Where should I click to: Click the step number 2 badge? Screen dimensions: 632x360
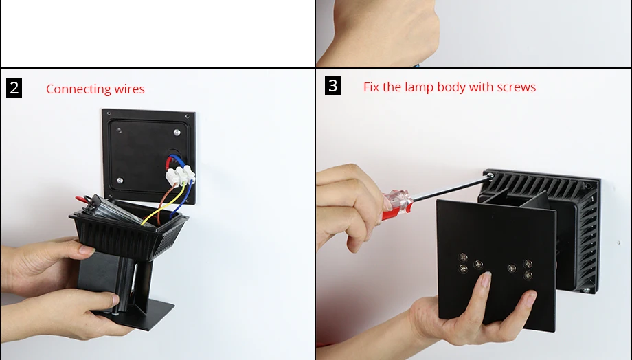14,89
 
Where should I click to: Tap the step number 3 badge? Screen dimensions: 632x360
332,86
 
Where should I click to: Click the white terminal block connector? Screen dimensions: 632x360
180,175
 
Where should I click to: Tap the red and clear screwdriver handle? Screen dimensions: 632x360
397,205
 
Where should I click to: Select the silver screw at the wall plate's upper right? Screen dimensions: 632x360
177,132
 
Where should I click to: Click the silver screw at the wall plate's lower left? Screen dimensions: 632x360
120,180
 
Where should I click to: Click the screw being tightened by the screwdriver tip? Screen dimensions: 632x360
490,176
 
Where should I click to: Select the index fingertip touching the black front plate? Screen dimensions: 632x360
486,278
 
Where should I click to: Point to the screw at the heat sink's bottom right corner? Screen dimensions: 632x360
587,289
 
